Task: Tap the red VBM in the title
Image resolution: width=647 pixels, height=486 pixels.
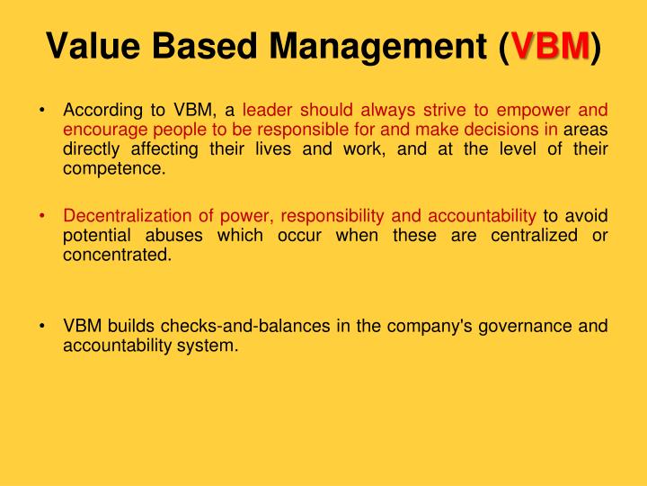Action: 549,44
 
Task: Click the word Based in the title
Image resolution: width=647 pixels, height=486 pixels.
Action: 199,44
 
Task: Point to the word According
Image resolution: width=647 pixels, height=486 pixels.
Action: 101,111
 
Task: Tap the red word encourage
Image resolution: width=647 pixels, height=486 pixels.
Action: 101,130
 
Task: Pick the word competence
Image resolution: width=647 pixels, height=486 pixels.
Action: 114,167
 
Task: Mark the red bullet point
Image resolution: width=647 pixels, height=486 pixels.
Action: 43,215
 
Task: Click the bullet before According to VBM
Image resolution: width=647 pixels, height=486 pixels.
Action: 43,111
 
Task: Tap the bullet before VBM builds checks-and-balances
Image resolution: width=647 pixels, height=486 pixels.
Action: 43,325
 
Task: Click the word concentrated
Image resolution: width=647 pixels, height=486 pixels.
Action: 116,254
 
